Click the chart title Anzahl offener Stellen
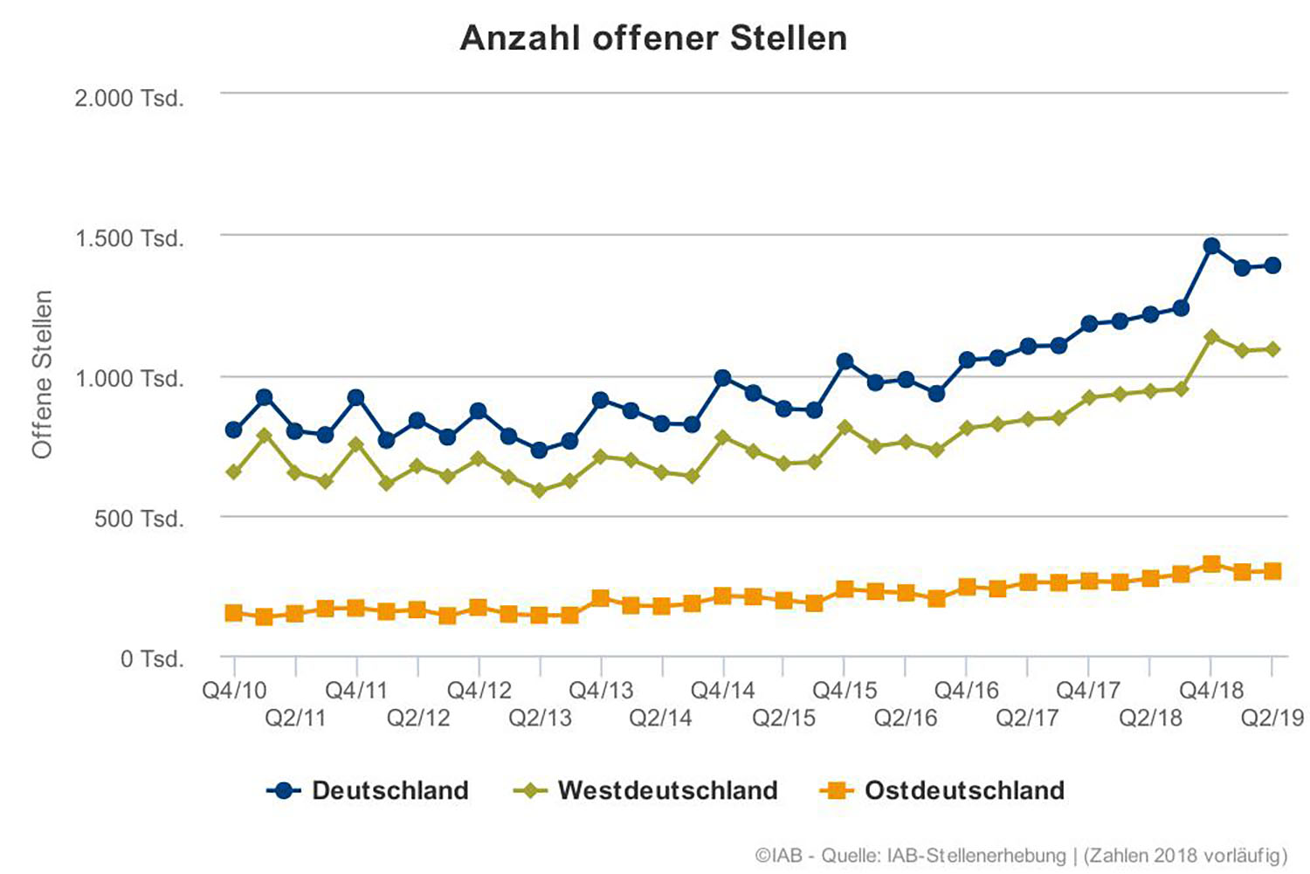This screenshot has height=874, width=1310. coord(653,38)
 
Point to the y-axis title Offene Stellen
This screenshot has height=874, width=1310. coord(42,375)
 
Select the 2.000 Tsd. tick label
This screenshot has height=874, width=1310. coord(129,98)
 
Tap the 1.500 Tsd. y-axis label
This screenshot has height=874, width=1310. coord(129,238)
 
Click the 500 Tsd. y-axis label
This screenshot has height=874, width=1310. coord(140,519)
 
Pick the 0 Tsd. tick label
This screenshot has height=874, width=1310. coord(152,659)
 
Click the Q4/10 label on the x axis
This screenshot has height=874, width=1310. coord(234,691)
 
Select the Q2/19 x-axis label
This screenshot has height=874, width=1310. coord(1272,718)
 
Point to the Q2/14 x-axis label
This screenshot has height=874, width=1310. coord(661,718)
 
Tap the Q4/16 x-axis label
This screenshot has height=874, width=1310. coord(967,691)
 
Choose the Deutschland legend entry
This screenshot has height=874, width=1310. coord(369,791)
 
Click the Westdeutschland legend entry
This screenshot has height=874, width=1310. coord(645,791)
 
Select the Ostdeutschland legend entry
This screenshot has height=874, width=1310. coord(942,791)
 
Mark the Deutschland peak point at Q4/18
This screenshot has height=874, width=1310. coord(1211,246)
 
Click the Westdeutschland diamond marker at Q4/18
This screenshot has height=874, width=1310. coord(1211,337)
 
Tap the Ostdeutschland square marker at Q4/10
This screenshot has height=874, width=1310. coord(234,613)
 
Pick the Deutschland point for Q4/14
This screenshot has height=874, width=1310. coord(722,378)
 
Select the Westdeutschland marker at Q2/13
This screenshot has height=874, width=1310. coord(539,491)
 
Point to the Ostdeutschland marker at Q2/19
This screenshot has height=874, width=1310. coord(1272,571)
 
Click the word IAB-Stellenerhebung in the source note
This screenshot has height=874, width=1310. coord(976,855)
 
